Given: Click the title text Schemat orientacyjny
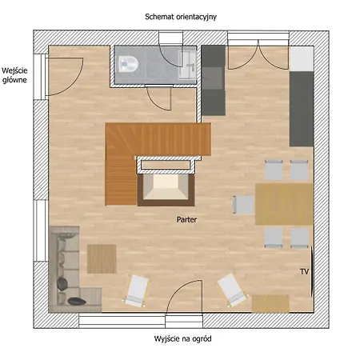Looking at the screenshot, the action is [181, 17].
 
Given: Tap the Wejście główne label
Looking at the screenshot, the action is [14, 75].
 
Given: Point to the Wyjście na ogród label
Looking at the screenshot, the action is [182, 339].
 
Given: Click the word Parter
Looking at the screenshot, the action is [186, 219].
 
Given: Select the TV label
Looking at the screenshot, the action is [304, 272].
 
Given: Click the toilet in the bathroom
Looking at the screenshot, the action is [128, 64].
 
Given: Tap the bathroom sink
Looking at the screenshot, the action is [188, 65].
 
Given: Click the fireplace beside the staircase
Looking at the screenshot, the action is [166, 190].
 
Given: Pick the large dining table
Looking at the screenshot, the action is [284, 204].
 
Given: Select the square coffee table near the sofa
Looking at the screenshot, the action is [102, 258].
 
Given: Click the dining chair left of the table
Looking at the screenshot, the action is [243, 205].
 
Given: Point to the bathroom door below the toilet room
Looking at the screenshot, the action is [155, 102].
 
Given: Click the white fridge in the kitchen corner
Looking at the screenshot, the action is [302, 59].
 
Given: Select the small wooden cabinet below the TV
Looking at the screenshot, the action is [270, 303].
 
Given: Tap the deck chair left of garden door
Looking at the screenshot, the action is [137, 290].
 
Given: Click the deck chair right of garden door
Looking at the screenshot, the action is [233, 290].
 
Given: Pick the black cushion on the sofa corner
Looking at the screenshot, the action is [77, 302].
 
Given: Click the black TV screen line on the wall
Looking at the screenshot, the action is [312, 271].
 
